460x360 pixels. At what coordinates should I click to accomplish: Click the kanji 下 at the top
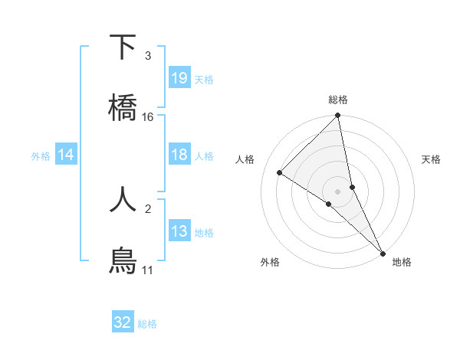123,47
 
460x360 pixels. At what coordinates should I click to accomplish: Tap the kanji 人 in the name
123,199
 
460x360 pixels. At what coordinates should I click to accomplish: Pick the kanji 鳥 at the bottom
123,260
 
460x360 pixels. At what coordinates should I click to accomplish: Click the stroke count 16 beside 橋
148,117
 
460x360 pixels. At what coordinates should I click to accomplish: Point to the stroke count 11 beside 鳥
148,270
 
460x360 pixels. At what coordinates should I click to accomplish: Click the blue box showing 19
179,77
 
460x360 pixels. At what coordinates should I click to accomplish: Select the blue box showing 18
179,155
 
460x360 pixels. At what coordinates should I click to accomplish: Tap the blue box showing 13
179,231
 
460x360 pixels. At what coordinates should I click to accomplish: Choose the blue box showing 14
66,155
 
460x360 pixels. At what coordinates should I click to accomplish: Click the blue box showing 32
123,322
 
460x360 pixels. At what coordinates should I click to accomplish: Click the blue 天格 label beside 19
204,79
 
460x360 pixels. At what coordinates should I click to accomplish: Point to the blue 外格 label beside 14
41,156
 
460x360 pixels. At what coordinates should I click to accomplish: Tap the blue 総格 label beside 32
147,324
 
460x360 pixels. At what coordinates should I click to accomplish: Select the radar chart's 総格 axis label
338,100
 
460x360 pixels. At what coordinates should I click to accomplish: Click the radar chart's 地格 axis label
402,263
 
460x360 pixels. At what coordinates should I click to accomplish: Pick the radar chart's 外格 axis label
270,263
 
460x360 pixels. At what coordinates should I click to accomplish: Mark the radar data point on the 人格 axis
280,173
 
